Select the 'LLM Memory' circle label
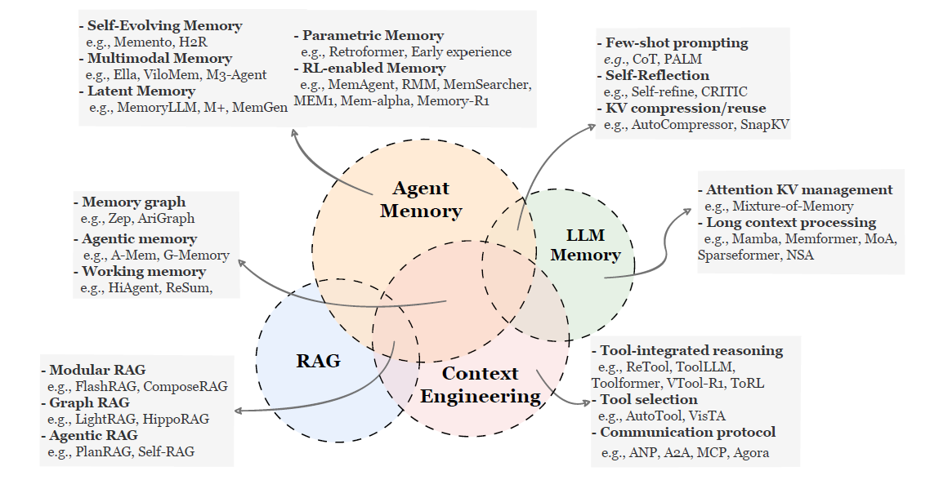click(585, 245)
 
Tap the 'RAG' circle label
click(318, 361)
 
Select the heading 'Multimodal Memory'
click(159, 59)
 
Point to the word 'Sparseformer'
click(739, 255)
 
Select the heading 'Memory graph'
click(133, 202)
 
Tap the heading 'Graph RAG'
click(89, 402)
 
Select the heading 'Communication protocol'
click(687, 432)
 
